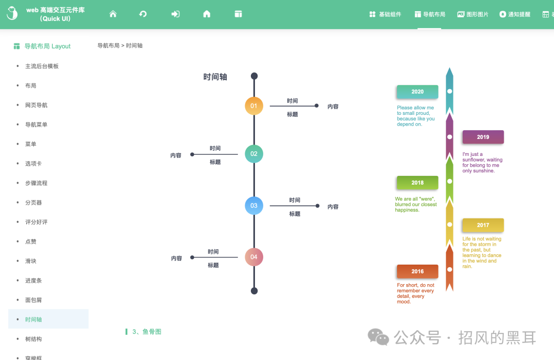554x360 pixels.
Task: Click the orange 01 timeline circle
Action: click(254, 106)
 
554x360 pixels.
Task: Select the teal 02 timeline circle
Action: click(254, 154)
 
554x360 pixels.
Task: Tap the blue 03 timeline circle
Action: click(254, 206)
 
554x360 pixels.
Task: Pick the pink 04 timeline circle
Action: click(254, 257)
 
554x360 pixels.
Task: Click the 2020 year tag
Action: click(417, 92)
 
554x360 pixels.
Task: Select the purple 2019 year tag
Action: click(483, 137)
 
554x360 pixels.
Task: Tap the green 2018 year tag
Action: click(417, 183)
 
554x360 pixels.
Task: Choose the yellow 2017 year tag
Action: click(483, 225)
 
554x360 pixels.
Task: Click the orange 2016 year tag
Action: click(417, 271)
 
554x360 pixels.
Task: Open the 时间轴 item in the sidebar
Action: click(34, 319)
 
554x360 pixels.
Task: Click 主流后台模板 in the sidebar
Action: click(42, 66)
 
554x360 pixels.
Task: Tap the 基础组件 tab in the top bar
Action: click(385, 14)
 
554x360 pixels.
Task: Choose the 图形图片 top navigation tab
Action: click(473, 14)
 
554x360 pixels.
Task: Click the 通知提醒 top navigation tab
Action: click(515, 14)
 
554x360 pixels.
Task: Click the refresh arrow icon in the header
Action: click(143, 14)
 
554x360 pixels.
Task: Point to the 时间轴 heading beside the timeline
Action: click(215, 77)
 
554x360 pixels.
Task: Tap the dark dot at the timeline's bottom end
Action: click(254, 291)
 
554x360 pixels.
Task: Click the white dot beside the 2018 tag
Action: click(450, 181)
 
